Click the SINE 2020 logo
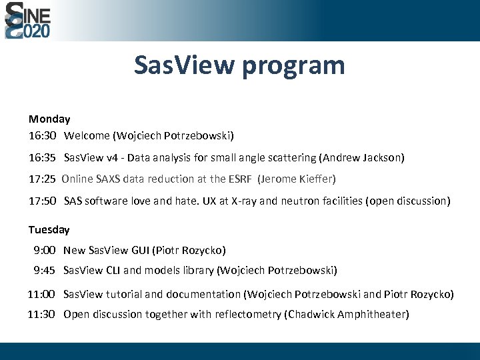(27, 20)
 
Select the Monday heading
(49, 119)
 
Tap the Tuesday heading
(49, 229)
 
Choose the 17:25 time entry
(41, 179)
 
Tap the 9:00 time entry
(45, 250)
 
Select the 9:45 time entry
(45, 270)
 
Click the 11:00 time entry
(41, 294)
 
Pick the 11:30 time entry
(41, 314)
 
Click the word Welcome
(87, 135)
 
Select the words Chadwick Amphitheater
(346, 314)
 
